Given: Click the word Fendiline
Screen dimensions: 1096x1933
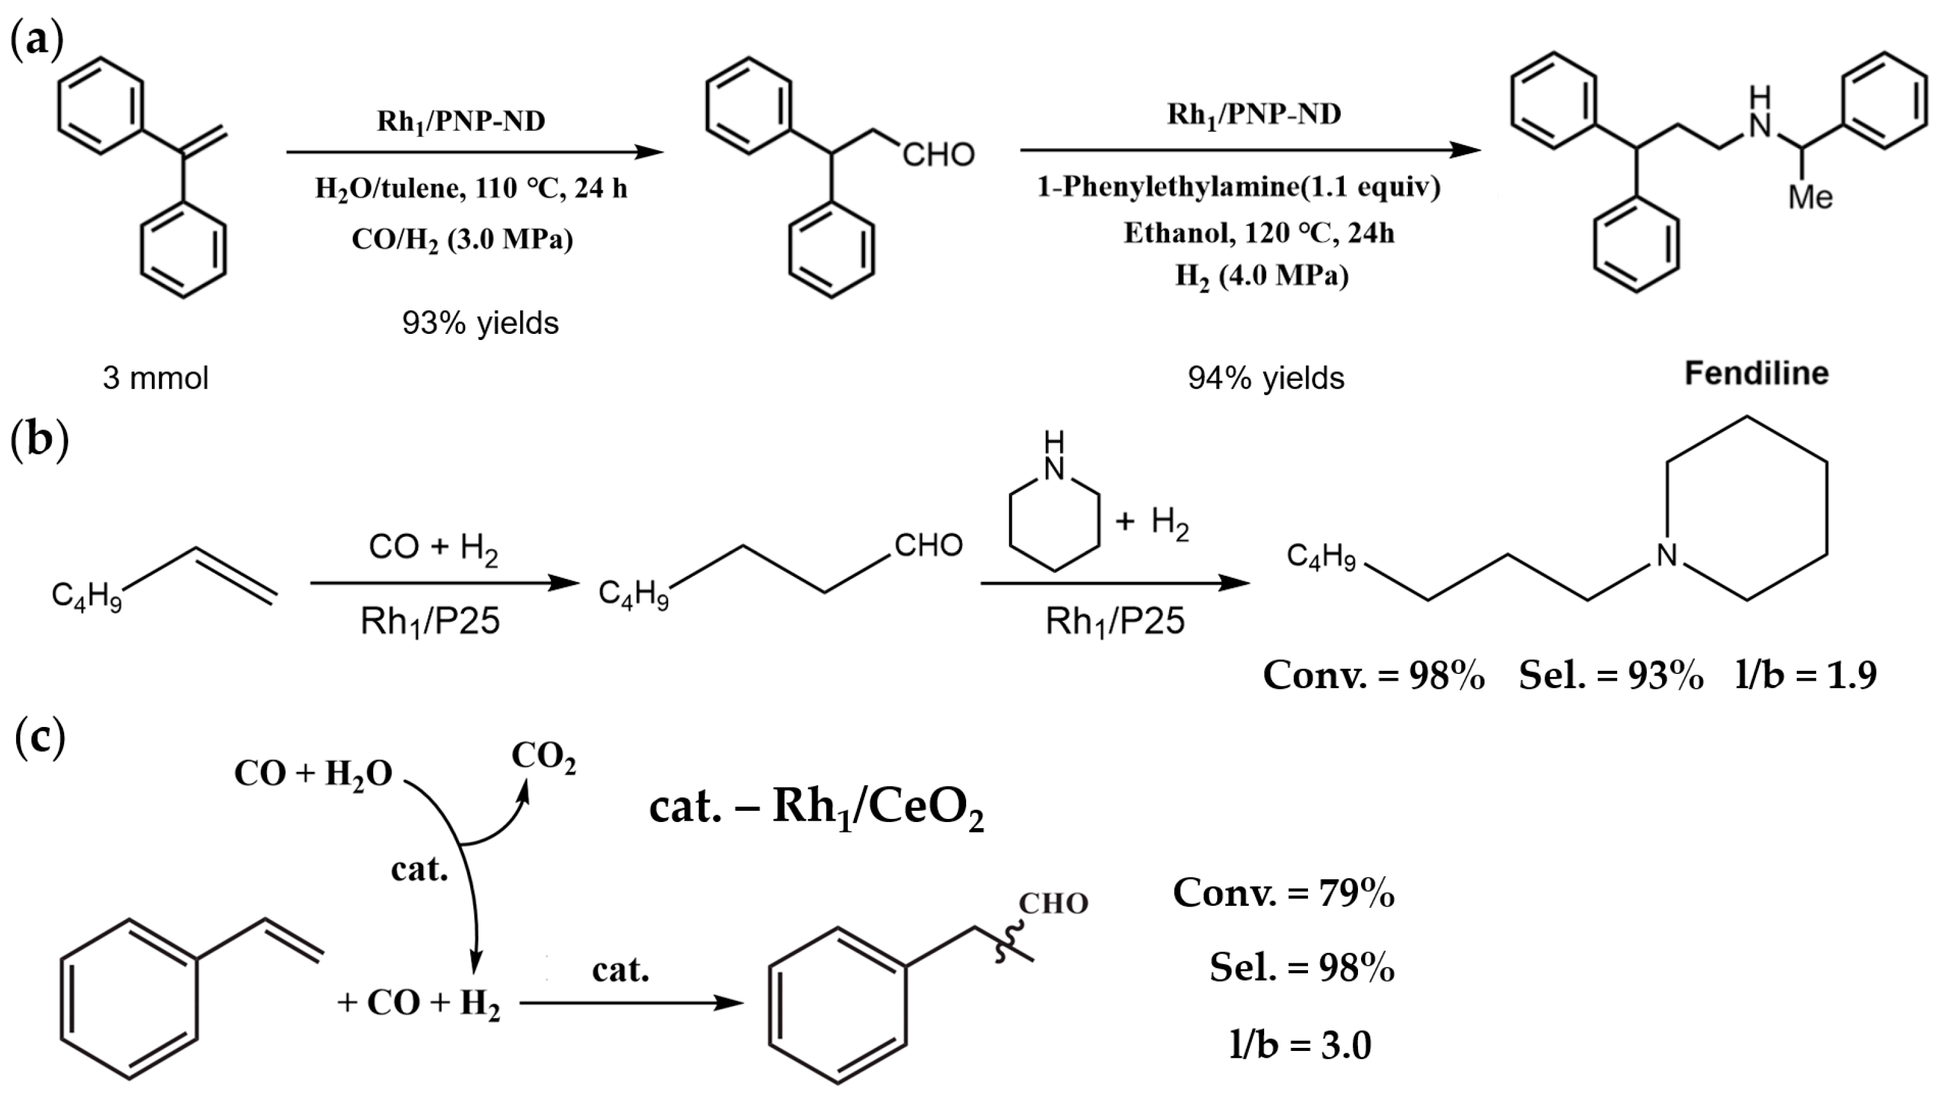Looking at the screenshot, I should tap(1755, 373).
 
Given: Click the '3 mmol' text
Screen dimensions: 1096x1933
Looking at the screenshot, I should tap(155, 378).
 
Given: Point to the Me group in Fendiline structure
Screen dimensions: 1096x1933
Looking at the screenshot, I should tap(1810, 198).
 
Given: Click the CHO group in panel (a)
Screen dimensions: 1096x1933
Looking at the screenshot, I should tap(938, 155).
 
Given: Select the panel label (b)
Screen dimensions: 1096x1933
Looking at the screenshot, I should tap(39, 441).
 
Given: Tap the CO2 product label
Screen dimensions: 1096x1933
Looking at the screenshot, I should tap(544, 757).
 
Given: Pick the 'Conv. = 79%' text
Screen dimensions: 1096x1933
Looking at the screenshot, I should tap(1283, 894).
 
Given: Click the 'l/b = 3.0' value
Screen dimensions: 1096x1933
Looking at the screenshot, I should tap(1300, 1045).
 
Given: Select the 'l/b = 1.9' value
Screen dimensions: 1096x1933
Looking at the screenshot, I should tap(1806, 675).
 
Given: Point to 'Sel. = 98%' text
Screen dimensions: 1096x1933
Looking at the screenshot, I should tap(1302, 968).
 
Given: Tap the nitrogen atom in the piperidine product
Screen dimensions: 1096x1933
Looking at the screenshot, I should tap(1666, 555).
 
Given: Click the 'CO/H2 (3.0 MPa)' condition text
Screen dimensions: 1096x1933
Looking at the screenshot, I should tap(462, 239).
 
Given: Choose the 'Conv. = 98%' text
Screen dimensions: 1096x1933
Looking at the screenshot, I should tap(1373, 675).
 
